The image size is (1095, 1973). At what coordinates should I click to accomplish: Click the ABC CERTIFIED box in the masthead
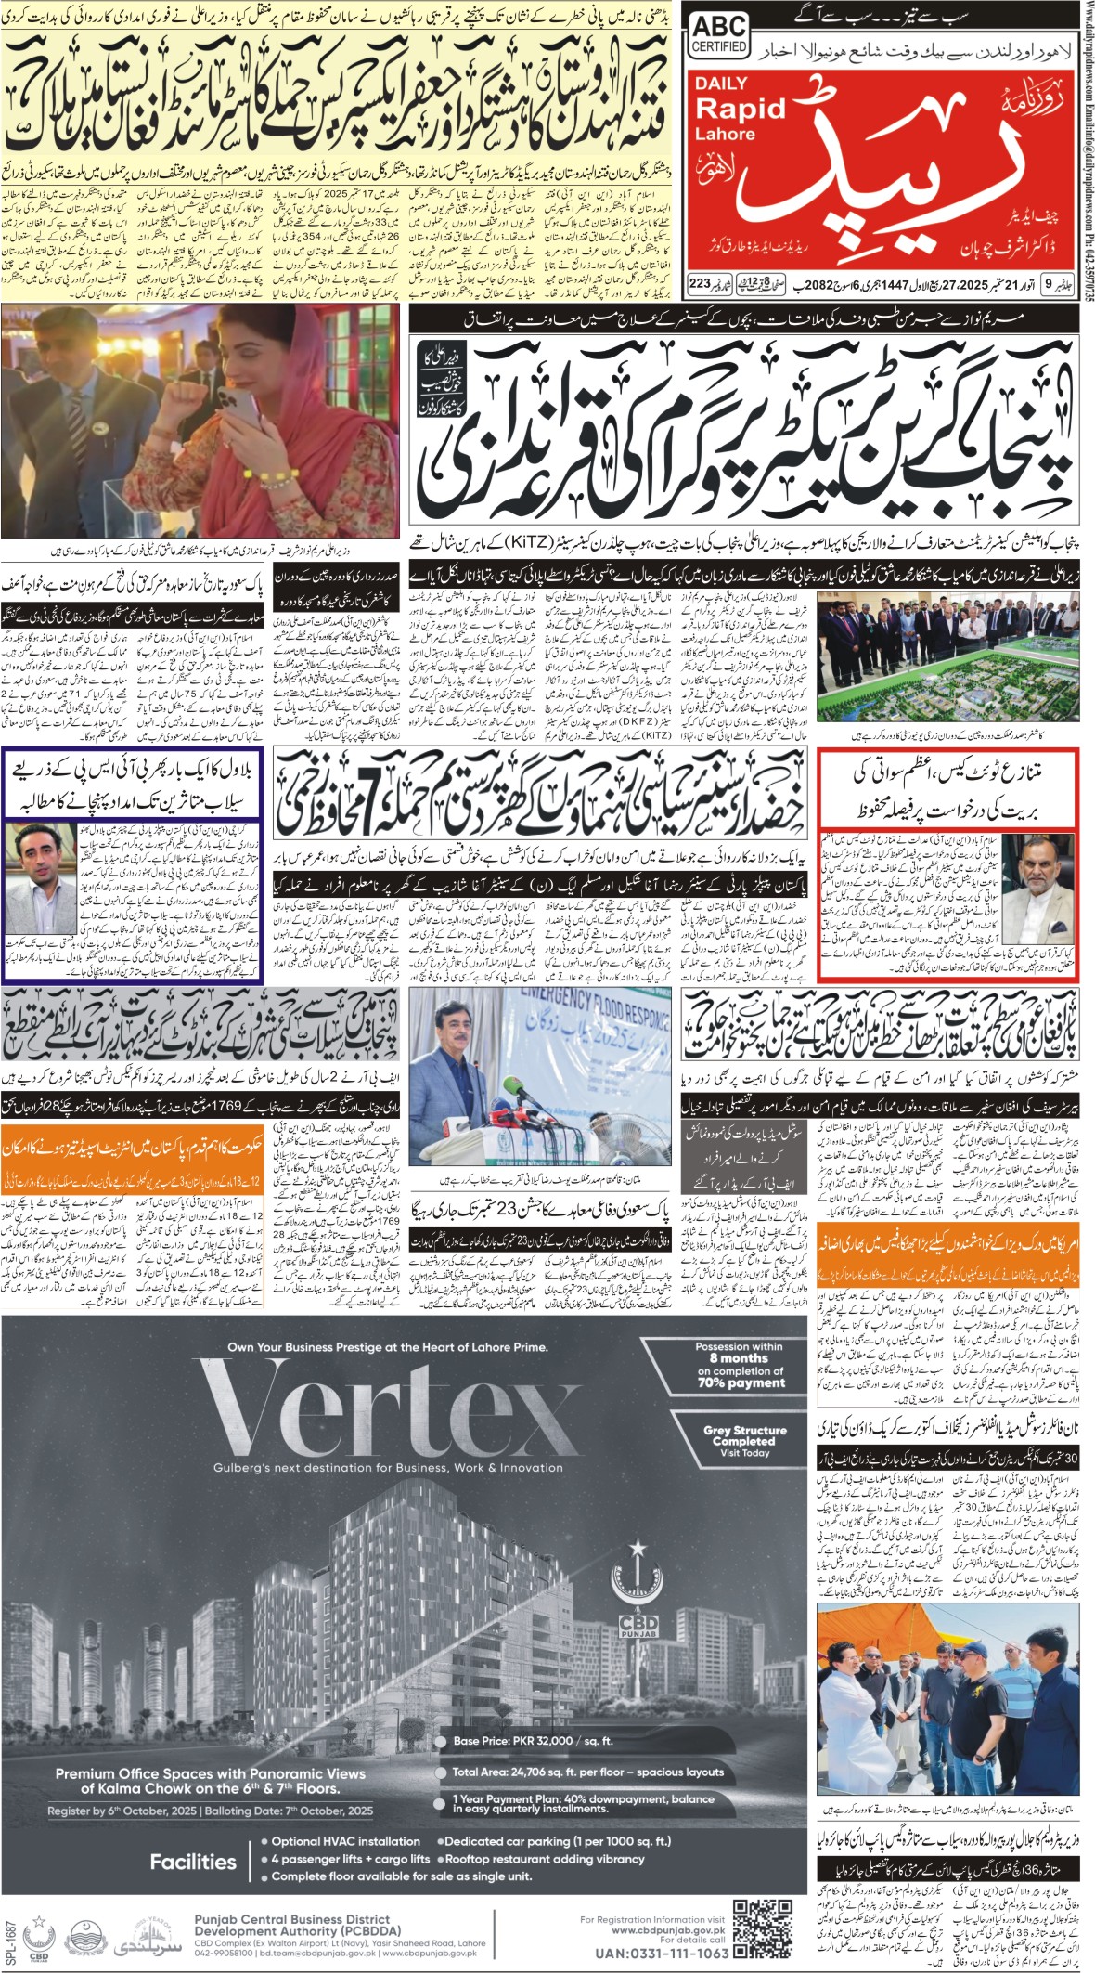click(x=719, y=36)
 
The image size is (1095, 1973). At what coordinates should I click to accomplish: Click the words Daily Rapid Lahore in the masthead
click(x=740, y=109)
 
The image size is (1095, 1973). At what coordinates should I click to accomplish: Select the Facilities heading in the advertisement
click(x=193, y=1861)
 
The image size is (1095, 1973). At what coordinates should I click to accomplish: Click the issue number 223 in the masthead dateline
click(x=699, y=282)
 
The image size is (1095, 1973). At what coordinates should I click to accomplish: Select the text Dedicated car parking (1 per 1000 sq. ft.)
click(x=557, y=1840)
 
